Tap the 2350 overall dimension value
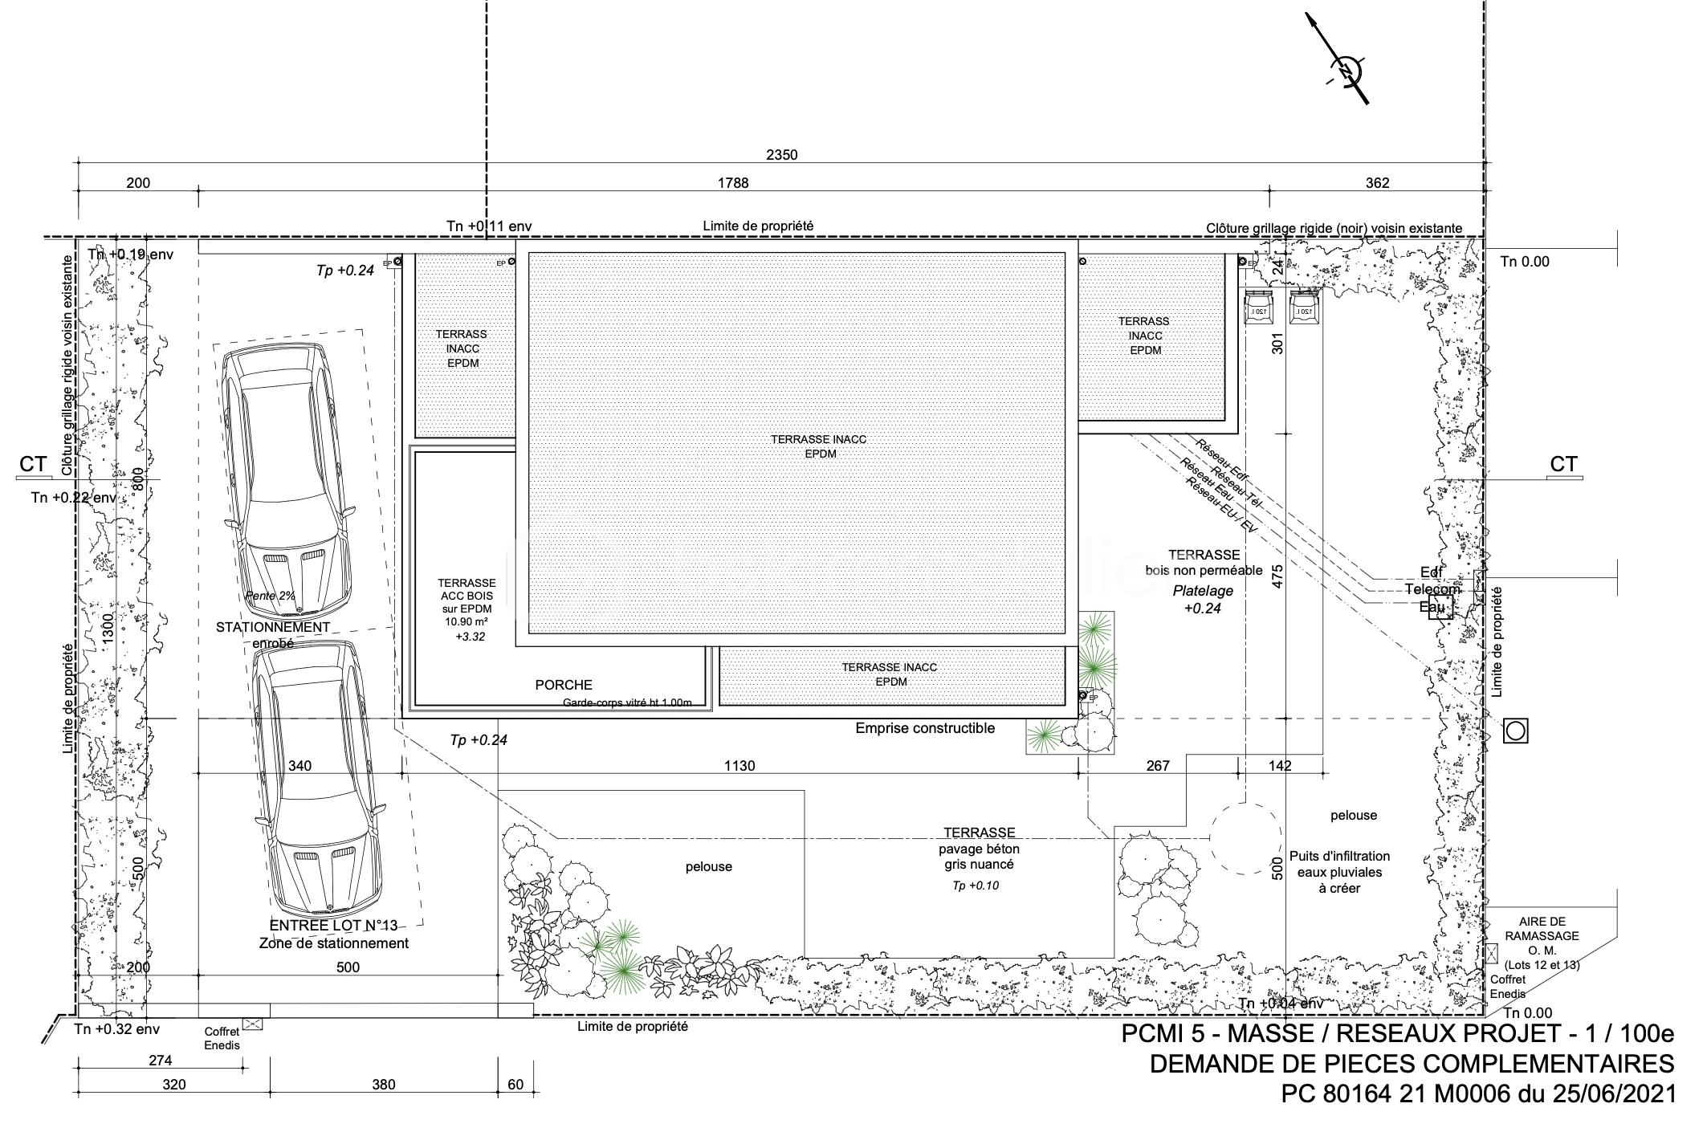coord(781,155)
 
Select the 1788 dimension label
coord(732,183)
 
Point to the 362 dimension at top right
coord(1377,183)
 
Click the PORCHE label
coord(564,685)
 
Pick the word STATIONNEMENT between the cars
coord(273,627)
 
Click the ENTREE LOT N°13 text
coord(333,926)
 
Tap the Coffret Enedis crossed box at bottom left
coord(253,1024)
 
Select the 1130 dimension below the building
coord(739,766)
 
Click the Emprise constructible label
coord(925,728)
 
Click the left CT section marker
coord(34,465)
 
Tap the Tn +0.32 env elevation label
coord(117,1029)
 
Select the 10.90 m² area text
coord(466,622)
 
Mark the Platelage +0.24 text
coord(1203,599)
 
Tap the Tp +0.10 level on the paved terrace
coord(976,886)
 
